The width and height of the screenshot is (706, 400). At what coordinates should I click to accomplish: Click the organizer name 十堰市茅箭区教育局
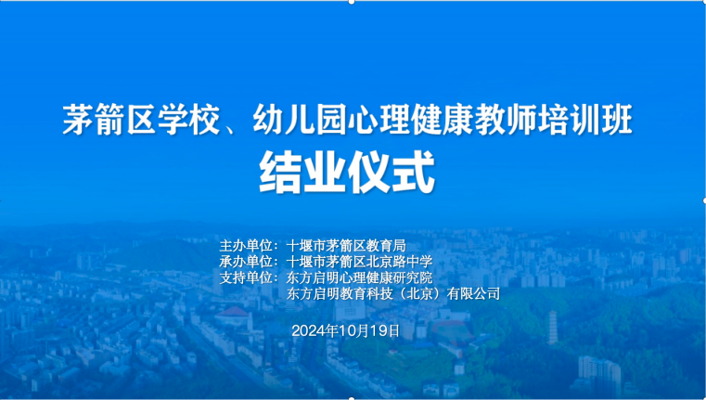point(346,246)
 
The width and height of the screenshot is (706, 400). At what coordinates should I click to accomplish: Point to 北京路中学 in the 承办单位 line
point(401,262)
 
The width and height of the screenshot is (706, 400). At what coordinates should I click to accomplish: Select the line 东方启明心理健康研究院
point(359,277)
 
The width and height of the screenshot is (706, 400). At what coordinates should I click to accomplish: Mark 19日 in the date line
point(389,329)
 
